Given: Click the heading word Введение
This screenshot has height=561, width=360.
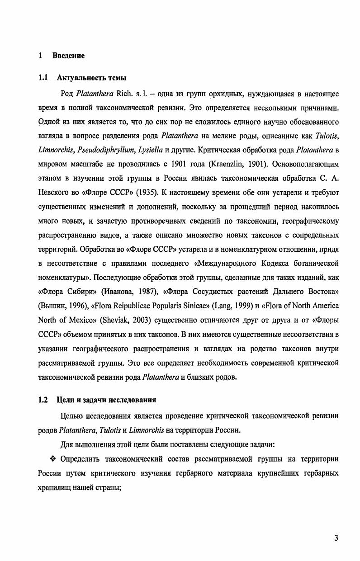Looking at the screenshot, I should coord(68,56).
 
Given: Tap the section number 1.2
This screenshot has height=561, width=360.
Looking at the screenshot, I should coord(43,400).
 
